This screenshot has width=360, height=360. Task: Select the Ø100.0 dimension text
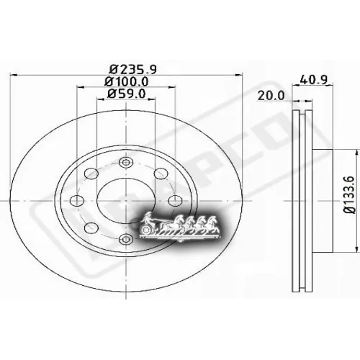click(126, 81)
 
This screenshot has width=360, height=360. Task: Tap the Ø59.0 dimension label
click(126, 93)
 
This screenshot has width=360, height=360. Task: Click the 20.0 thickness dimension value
click(272, 94)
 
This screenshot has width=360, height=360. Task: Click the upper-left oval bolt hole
click(92, 174)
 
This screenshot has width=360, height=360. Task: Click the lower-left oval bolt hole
click(91, 228)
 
